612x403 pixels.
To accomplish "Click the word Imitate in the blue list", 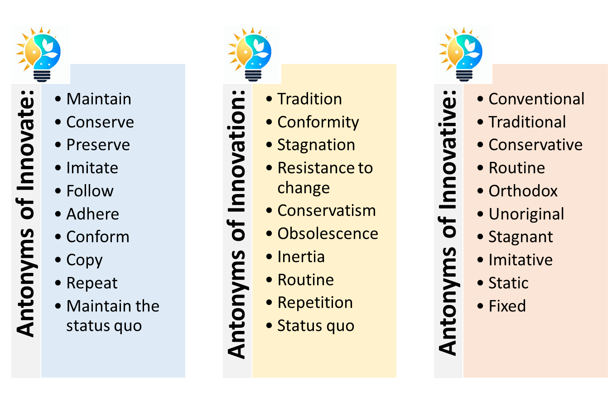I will [x=92, y=168].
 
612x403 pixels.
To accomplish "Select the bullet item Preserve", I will [x=98, y=145].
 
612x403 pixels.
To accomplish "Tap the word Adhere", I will [x=92, y=214].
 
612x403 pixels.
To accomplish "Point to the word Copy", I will [x=84, y=260].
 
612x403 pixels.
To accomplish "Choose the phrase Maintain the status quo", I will [x=112, y=316].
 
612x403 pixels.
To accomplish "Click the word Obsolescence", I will [x=328, y=233].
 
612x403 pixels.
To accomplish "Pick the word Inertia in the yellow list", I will [x=301, y=257].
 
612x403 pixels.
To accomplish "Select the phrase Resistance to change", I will [x=324, y=178].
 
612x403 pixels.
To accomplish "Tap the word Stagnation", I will [x=316, y=145].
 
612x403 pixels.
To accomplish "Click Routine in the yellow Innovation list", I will [x=305, y=280].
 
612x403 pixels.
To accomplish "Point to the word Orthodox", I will [x=523, y=191].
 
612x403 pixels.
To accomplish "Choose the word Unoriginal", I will [x=526, y=214].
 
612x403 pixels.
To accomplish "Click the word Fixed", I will [x=507, y=306].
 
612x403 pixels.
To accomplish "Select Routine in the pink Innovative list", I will [x=516, y=168].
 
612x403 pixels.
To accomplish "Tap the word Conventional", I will [x=536, y=99].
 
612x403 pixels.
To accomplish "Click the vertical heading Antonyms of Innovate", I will [x=26, y=215].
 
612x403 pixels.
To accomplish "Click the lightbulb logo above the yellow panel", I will [x=251, y=54].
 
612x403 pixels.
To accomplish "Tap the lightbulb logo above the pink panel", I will [x=463, y=54].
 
